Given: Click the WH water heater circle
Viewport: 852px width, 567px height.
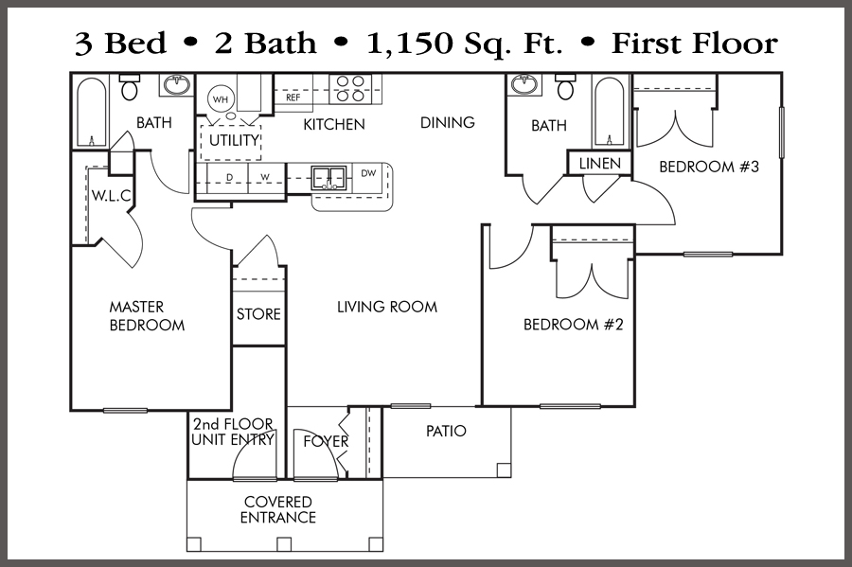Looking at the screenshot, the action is [220, 99].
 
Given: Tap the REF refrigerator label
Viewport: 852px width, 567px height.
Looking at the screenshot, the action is [293, 97].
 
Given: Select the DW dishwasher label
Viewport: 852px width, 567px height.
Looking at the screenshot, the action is [368, 173].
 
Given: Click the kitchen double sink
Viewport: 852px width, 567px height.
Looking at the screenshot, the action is [328, 178].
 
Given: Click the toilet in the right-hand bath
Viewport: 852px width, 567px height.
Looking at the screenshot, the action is [566, 87].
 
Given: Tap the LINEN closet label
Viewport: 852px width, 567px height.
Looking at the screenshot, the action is [600, 164].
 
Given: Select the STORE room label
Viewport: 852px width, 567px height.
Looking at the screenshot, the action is [258, 314].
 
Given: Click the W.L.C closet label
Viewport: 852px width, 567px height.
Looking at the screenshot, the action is [112, 196].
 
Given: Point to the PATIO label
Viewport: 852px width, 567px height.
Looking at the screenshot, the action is [446, 432].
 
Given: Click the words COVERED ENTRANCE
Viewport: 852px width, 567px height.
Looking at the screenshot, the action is [278, 509].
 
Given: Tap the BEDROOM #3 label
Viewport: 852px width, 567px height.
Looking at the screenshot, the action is [709, 167].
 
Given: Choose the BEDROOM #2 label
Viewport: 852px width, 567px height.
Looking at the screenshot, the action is [574, 325].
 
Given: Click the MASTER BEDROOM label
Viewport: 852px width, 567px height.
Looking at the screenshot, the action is [148, 316].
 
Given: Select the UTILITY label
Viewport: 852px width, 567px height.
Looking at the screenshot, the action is [234, 140].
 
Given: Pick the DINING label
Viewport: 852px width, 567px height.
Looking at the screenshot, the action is [448, 123].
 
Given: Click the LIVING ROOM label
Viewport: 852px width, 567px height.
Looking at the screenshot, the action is [387, 307].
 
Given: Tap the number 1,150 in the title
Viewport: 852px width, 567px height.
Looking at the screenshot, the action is [410, 44].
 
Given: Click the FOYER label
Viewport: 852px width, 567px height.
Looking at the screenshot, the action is [326, 441].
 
